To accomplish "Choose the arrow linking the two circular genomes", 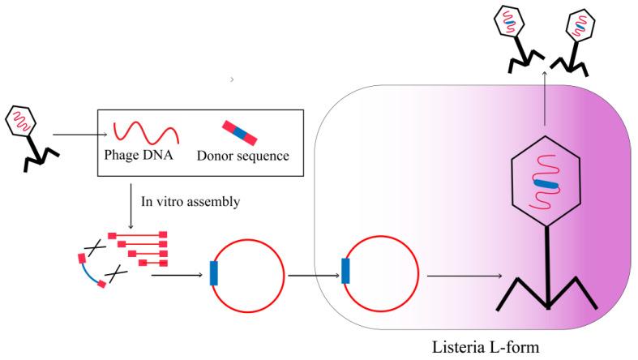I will coord(313,275).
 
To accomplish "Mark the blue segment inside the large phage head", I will coord(547,186).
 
